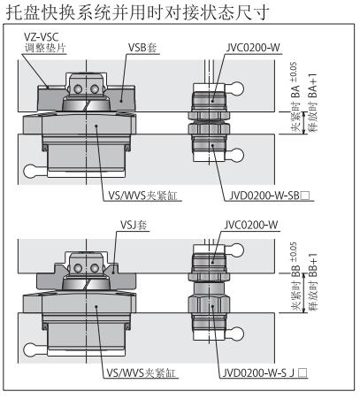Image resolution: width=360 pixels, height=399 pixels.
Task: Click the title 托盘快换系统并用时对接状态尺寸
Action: (x=137, y=12)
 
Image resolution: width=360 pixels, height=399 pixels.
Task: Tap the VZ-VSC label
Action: (x=42, y=37)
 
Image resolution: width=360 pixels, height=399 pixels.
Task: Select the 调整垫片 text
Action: (x=45, y=48)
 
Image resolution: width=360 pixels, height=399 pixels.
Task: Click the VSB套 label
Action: (x=142, y=48)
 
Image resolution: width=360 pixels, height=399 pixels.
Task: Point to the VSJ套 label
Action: (x=134, y=225)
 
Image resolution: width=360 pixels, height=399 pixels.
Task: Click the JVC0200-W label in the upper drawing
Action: (x=253, y=48)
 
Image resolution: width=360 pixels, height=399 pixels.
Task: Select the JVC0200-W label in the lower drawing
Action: (x=251, y=225)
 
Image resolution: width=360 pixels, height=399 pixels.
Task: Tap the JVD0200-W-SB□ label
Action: (x=270, y=196)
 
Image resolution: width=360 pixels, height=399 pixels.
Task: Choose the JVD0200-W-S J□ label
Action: (x=264, y=373)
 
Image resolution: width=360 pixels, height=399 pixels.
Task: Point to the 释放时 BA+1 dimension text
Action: (x=313, y=103)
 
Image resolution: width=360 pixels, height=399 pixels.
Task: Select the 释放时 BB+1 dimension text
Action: (x=313, y=282)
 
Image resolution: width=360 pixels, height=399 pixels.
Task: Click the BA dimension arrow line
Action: (x=304, y=123)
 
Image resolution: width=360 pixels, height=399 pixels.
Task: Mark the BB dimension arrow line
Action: (x=304, y=293)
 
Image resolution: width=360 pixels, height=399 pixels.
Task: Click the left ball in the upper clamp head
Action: (x=78, y=88)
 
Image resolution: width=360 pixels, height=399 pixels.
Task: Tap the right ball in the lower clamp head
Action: (x=95, y=268)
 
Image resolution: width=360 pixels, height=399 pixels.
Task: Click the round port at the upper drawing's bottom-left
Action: (x=30, y=171)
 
